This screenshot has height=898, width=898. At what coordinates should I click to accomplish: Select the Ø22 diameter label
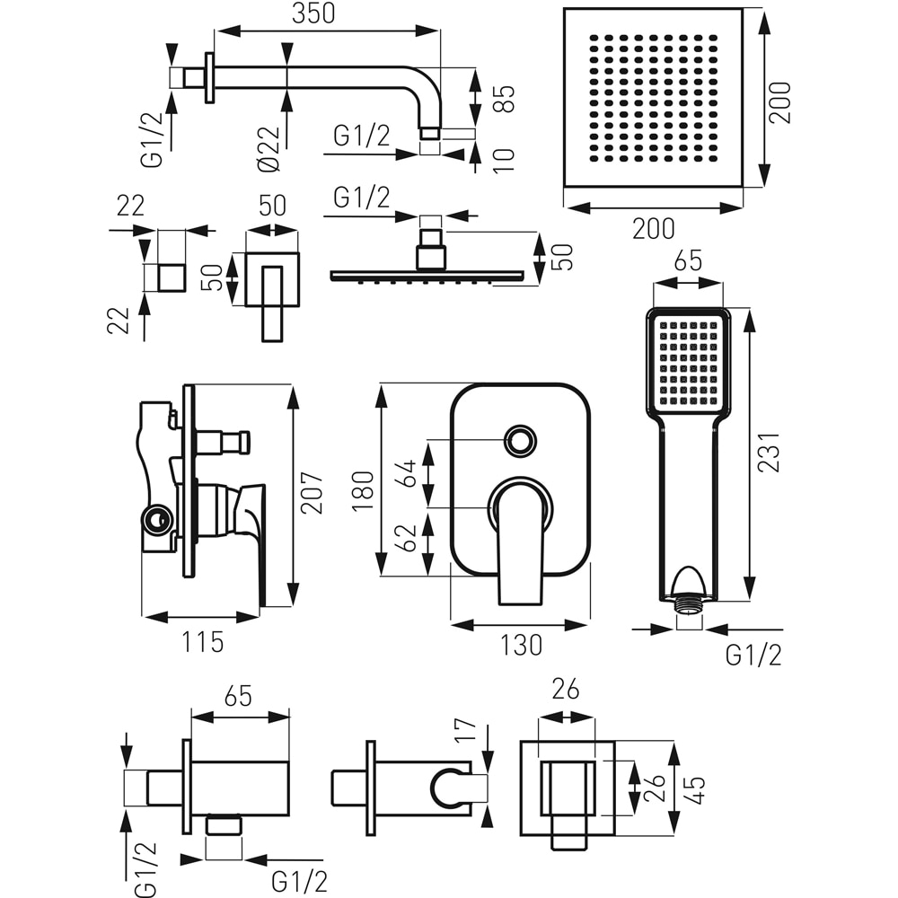267,148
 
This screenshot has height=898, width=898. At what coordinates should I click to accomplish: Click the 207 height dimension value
311,493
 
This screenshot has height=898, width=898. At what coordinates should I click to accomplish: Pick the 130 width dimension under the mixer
520,644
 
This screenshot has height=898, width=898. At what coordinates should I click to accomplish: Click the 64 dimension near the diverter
407,473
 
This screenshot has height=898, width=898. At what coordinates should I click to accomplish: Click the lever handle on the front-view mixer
520,539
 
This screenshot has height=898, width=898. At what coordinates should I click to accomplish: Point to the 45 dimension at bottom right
695,790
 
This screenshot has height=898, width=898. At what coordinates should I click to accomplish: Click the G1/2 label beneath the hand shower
753,656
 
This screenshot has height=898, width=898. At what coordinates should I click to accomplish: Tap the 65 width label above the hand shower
687,263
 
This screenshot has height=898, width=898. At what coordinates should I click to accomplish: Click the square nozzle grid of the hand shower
689,361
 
